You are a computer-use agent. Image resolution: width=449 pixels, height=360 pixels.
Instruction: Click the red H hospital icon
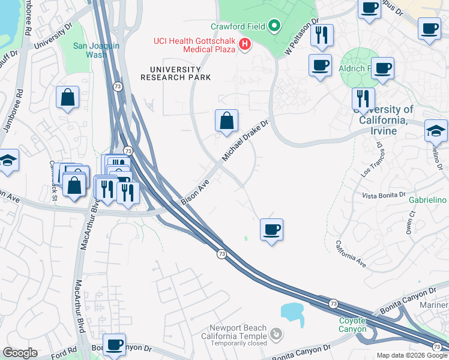tap(244, 44)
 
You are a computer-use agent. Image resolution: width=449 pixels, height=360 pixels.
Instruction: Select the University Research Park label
tap(175, 73)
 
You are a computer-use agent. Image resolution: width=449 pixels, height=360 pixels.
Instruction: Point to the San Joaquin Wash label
tap(90, 50)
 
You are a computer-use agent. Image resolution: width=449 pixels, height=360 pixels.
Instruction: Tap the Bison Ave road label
tap(195, 191)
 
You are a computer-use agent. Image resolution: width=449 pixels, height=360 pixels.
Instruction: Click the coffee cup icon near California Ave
tap(271, 229)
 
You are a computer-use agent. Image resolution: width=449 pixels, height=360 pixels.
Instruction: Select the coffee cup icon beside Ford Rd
tap(114, 344)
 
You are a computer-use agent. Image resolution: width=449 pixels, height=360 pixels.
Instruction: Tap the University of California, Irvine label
tap(383, 115)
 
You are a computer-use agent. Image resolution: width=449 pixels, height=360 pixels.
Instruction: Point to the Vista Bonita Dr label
tap(386, 196)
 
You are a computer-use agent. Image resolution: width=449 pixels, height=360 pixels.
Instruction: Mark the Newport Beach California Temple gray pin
tap(275, 333)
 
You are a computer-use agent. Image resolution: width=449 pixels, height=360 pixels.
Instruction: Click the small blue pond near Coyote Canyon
tap(292, 311)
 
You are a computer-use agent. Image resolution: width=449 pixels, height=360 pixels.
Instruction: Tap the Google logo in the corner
tap(20, 353)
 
